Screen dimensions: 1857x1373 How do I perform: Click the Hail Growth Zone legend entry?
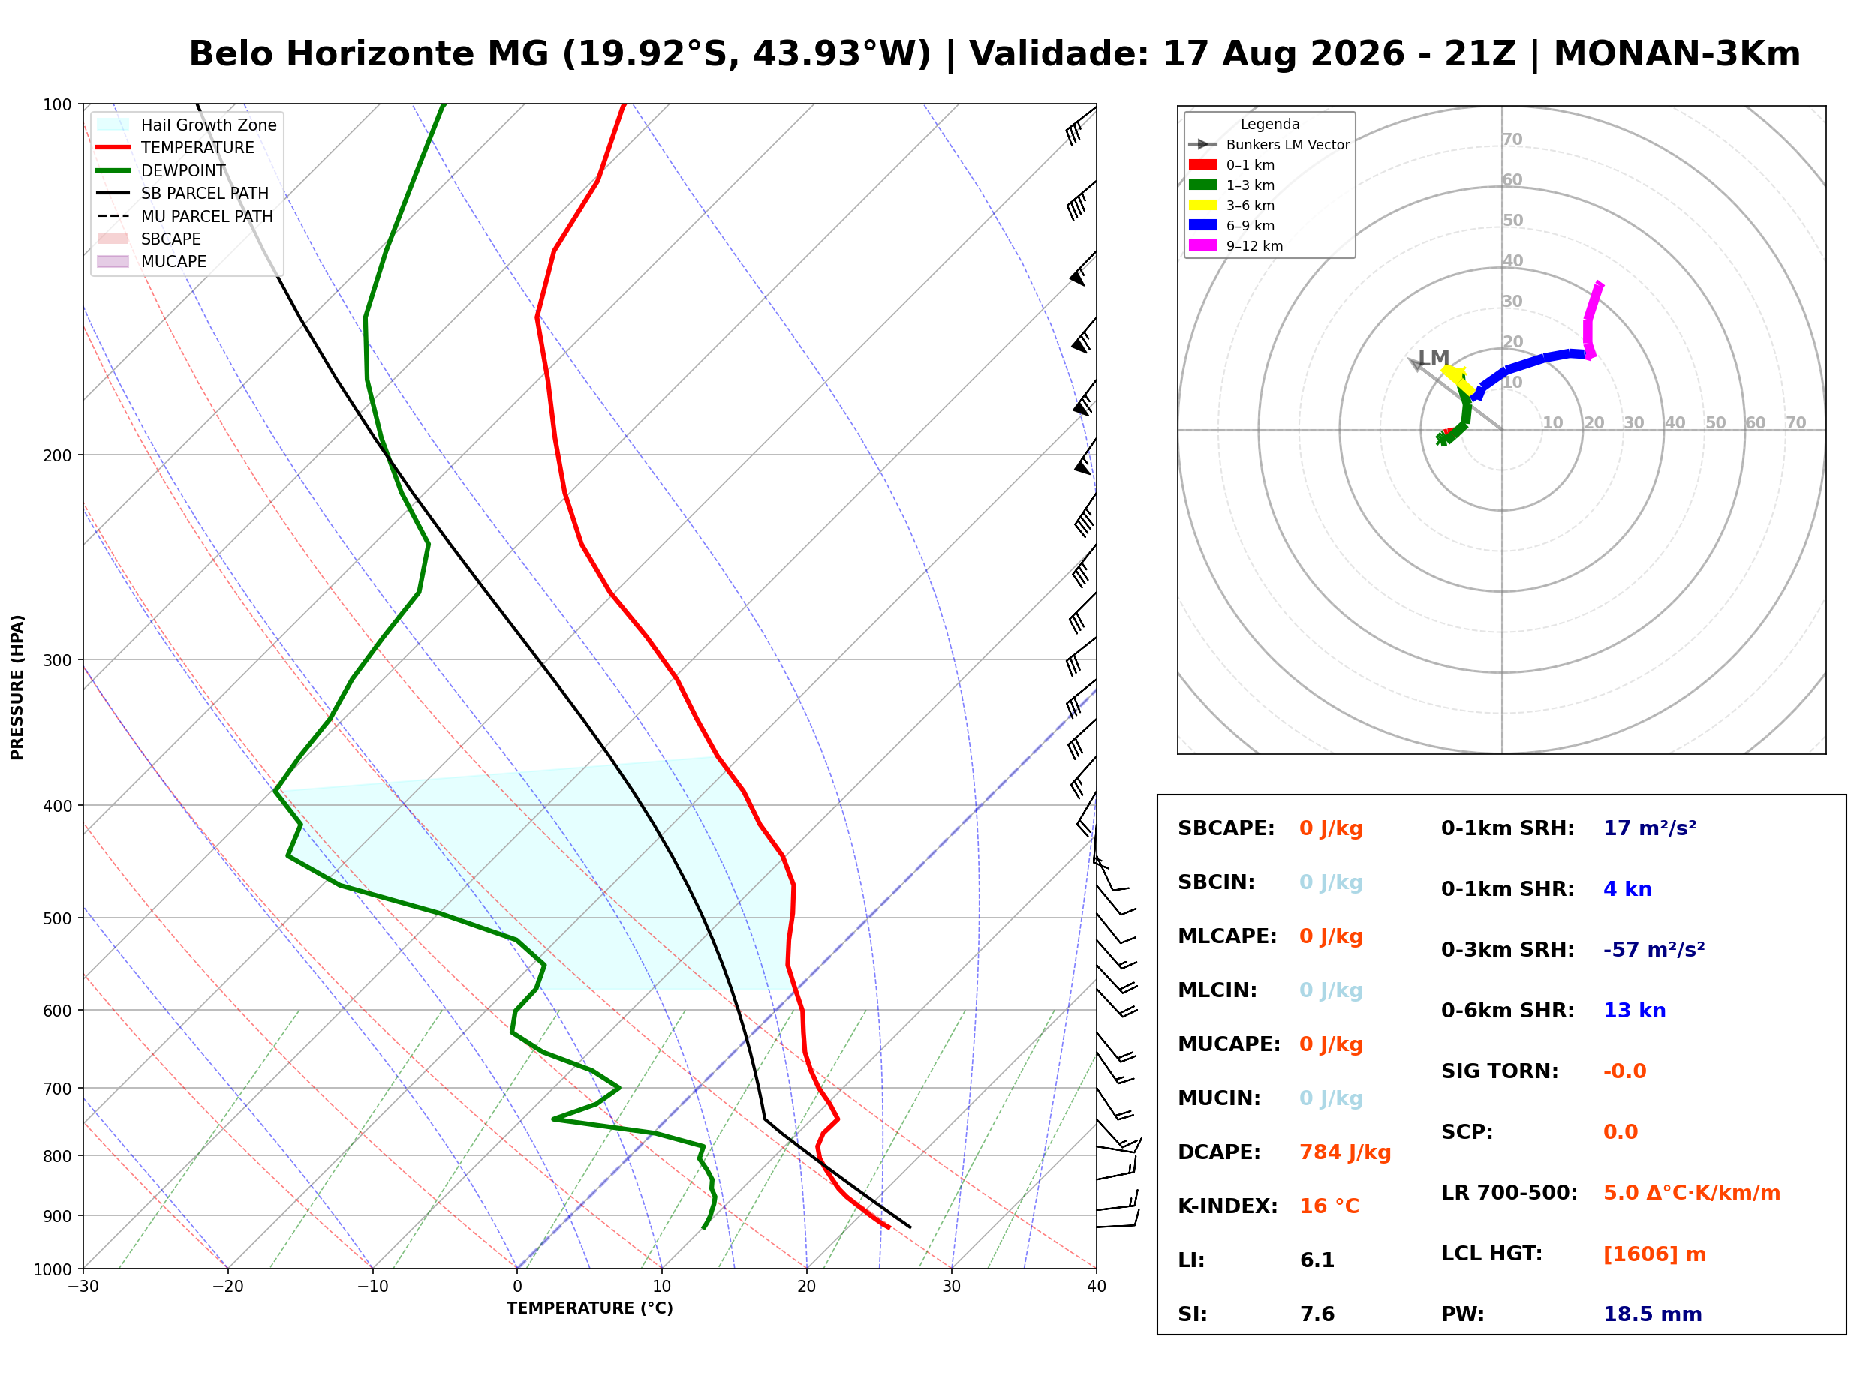click(x=187, y=125)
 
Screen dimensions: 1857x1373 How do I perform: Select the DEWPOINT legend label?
click(x=183, y=170)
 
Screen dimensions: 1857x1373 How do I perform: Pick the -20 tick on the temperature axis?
click(x=227, y=1287)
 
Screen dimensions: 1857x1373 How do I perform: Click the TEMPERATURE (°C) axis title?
click(x=590, y=1308)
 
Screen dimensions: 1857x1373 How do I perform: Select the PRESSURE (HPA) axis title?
click(x=17, y=687)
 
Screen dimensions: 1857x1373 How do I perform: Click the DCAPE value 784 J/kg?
click(x=1345, y=1152)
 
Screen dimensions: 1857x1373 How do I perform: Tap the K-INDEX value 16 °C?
click(x=1329, y=1206)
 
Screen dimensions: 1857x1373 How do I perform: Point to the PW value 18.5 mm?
click(x=1653, y=1314)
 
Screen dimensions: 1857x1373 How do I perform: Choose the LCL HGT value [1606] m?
click(x=1654, y=1254)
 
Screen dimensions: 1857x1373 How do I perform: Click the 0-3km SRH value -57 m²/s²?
click(x=1654, y=950)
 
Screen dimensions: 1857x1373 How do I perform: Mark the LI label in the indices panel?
click(x=1191, y=1260)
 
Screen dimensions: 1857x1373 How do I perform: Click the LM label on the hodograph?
click(x=1433, y=358)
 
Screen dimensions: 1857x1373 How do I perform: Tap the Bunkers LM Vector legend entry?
click(x=1269, y=145)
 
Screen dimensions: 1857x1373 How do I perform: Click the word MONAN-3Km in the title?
click(x=1677, y=54)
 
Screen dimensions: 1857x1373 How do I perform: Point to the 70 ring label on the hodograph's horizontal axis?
click(x=1795, y=422)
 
